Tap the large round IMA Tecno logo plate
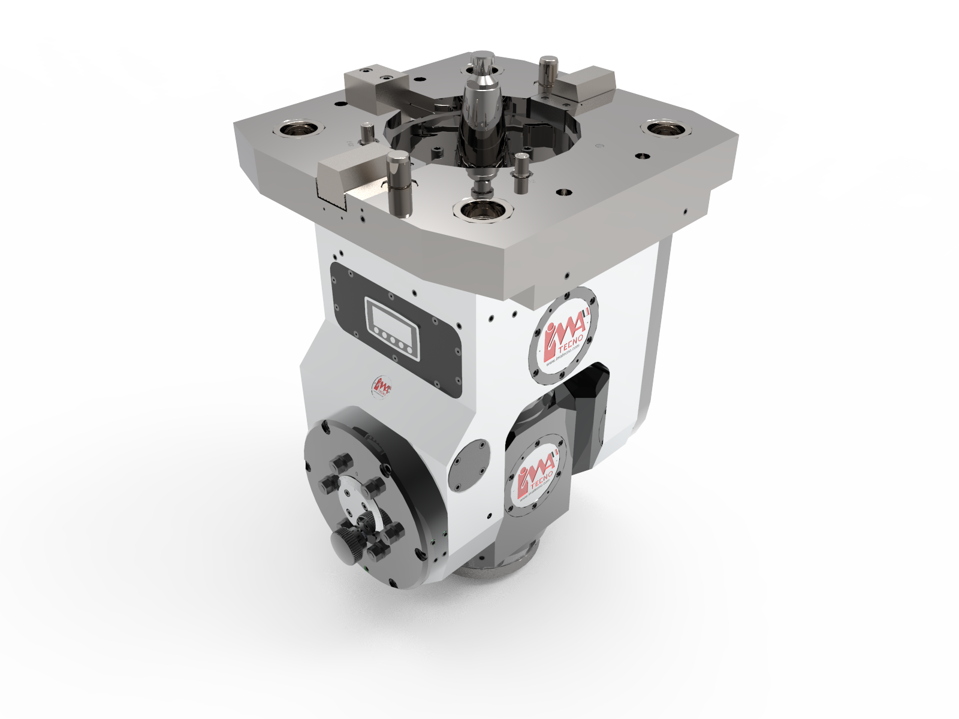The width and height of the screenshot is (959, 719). (563, 335)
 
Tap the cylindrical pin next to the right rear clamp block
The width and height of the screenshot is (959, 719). (548, 72)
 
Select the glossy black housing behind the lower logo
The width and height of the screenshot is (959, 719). (590, 407)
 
